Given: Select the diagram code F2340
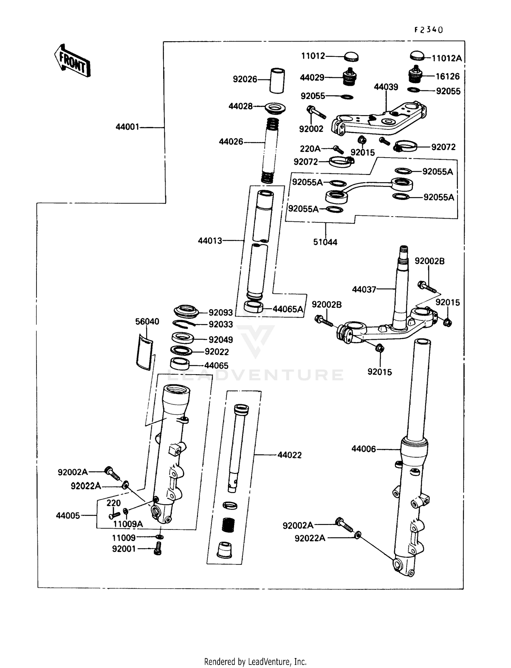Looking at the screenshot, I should pyautogui.click(x=429, y=30).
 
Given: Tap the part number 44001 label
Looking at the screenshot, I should pyautogui.click(x=127, y=127).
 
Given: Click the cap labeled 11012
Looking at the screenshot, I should pyautogui.click(x=351, y=57).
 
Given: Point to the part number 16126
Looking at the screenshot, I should pyautogui.click(x=448, y=76).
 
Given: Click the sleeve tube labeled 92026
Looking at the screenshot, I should pyautogui.click(x=277, y=81).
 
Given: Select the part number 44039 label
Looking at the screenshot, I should pyautogui.click(x=386, y=87).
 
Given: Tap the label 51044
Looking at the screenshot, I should pyautogui.click(x=325, y=242).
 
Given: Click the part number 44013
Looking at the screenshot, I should pyautogui.click(x=210, y=241).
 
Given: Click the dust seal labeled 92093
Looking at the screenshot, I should pyautogui.click(x=186, y=312).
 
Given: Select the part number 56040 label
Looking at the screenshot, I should pyautogui.click(x=147, y=321).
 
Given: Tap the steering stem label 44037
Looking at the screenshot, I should pyautogui.click(x=364, y=289).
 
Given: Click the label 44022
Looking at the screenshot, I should pyautogui.click(x=290, y=455).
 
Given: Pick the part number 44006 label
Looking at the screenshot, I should pyautogui.click(x=363, y=449).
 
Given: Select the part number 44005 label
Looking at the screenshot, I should pyautogui.click(x=68, y=515).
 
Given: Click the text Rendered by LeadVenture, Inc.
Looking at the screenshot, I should pyautogui.click(x=255, y=662).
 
